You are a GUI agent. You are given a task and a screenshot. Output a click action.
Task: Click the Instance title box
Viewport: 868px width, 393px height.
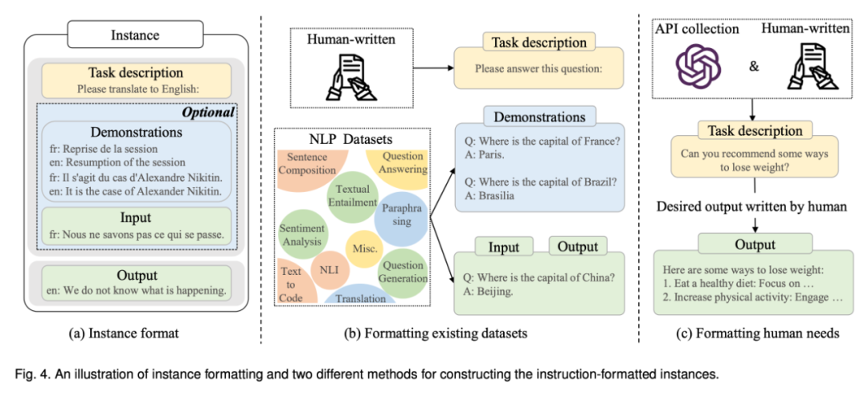pos(135,35)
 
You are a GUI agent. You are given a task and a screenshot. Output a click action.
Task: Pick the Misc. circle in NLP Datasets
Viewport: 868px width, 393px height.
pos(365,248)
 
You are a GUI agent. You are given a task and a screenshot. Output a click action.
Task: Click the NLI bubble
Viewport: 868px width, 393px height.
pos(330,268)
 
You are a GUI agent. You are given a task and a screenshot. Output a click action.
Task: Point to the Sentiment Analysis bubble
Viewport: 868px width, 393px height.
pos(301,234)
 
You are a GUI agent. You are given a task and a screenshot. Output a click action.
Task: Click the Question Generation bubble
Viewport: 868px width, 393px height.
pos(403,272)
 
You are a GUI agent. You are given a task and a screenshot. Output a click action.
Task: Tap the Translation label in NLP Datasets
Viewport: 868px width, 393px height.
pos(360,297)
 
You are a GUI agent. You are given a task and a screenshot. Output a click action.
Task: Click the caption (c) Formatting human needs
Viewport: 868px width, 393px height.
pos(752,332)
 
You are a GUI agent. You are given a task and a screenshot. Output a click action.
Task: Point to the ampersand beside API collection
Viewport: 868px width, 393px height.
pos(753,66)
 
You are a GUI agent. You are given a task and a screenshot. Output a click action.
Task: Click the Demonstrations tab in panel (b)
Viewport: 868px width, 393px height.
pos(526,117)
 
